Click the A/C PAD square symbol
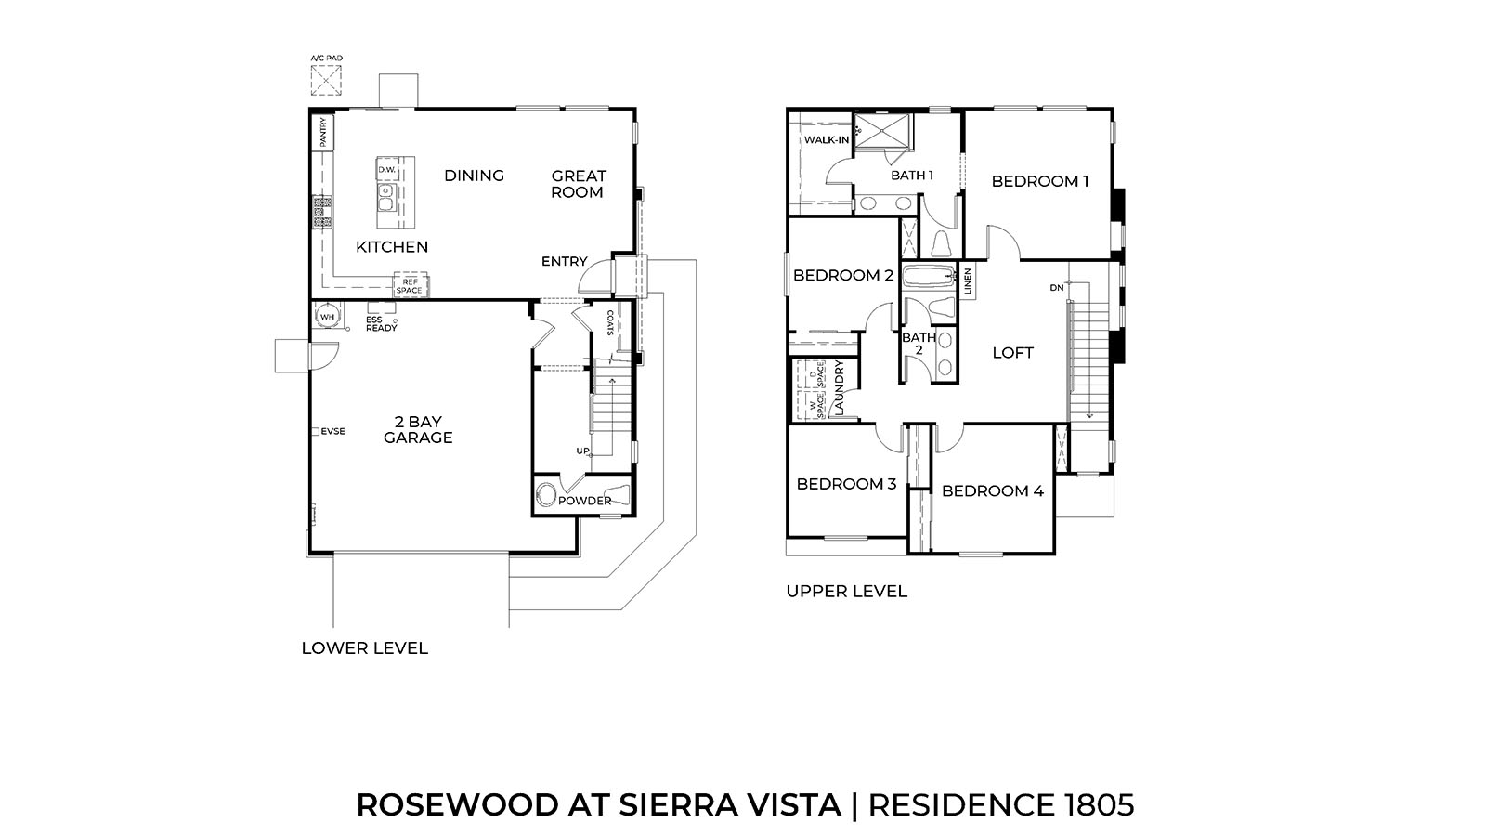326,81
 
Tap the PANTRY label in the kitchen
323,133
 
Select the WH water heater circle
327,317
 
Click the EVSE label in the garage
332,431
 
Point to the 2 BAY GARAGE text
418,430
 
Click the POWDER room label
584,501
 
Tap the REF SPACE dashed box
409,286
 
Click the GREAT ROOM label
578,184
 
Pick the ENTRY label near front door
564,262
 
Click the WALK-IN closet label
826,140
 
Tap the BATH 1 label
911,175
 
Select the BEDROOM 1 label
1039,181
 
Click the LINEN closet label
968,281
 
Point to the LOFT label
1012,353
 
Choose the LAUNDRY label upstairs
838,388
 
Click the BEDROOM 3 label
846,484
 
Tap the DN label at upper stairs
1057,288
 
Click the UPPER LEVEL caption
846,591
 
